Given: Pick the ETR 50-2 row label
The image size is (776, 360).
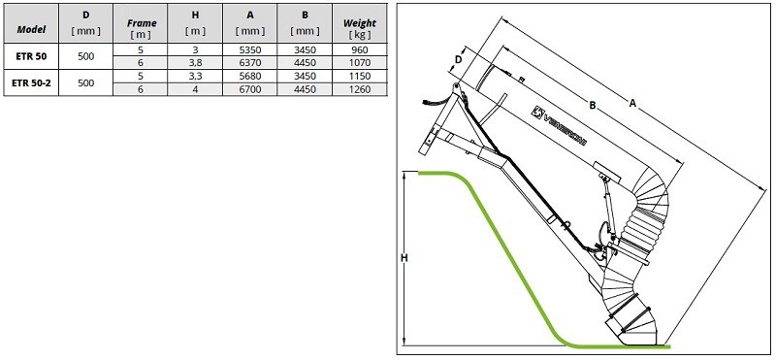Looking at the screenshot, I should [30, 83].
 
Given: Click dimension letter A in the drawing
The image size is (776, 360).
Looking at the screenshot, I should [633, 101].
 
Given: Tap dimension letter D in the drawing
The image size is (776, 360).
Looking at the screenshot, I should [458, 60].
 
